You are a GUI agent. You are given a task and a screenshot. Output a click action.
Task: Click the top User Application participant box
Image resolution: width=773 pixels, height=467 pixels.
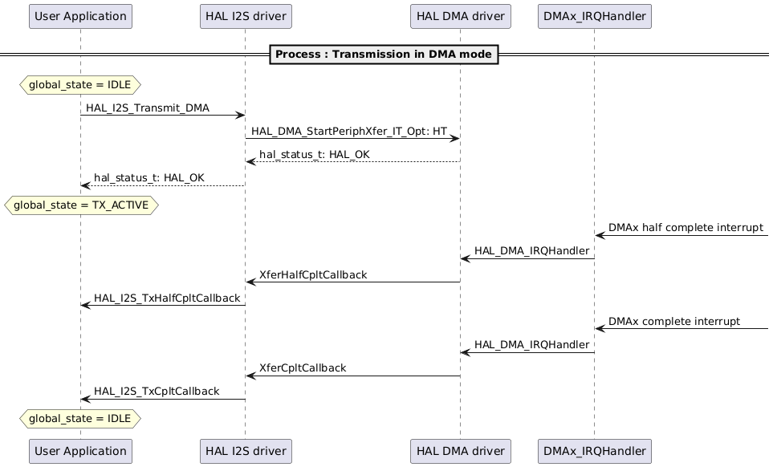(x=80, y=16)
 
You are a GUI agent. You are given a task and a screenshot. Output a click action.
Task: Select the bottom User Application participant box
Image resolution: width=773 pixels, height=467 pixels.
(x=80, y=451)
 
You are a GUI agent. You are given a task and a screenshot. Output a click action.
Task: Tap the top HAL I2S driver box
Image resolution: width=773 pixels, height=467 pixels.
(x=245, y=16)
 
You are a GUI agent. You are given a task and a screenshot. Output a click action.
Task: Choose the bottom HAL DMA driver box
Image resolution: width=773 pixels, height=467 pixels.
(x=460, y=451)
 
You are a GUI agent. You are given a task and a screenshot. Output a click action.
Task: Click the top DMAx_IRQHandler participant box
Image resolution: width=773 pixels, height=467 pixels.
(x=594, y=16)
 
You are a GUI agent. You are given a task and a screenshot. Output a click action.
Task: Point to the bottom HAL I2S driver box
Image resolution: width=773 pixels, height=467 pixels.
(x=245, y=451)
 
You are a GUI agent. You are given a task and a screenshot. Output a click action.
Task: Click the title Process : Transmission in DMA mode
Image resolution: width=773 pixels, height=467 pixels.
(x=383, y=55)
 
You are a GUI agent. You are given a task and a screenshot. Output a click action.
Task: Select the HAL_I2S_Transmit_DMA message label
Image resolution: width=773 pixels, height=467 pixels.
(x=148, y=108)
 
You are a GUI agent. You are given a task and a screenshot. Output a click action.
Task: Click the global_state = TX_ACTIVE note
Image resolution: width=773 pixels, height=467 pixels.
(x=81, y=205)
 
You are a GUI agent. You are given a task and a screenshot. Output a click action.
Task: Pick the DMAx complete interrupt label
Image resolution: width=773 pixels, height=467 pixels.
(x=674, y=321)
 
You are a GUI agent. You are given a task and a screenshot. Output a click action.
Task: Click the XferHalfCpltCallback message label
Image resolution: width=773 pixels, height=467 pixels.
(x=313, y=274)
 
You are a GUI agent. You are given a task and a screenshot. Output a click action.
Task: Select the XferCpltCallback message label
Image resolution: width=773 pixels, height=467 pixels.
(x=303, y=368)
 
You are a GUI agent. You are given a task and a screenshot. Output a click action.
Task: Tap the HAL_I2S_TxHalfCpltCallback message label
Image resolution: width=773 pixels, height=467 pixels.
(x=167, y=298)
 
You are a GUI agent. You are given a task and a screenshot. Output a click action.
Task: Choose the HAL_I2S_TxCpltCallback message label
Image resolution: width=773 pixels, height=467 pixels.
(x=157, y=391)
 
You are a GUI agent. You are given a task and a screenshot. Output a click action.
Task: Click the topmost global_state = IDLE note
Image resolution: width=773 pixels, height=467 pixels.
(x=80, y=84)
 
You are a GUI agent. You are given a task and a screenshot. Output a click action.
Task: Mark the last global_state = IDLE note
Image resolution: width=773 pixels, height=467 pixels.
(x=80, y=418)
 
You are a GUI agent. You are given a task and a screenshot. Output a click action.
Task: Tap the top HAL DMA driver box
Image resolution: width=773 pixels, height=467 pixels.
(x=460, y=16)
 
